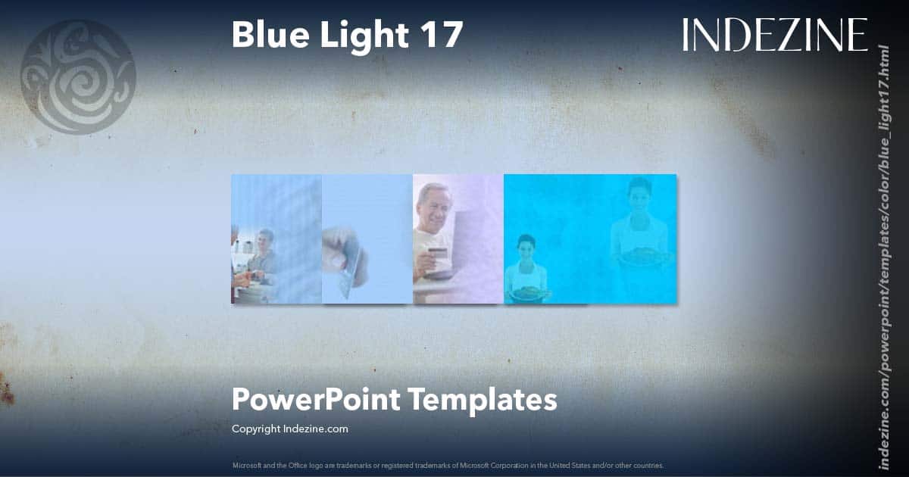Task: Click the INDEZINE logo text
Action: [775, 35]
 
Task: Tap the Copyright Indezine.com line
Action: [289, 429]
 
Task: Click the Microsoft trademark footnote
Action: [448, 465]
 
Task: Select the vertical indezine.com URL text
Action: [883, 257]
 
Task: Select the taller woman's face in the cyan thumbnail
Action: [639, 194]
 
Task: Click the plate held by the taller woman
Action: [641, 257]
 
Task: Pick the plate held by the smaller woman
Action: [527, 291]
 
